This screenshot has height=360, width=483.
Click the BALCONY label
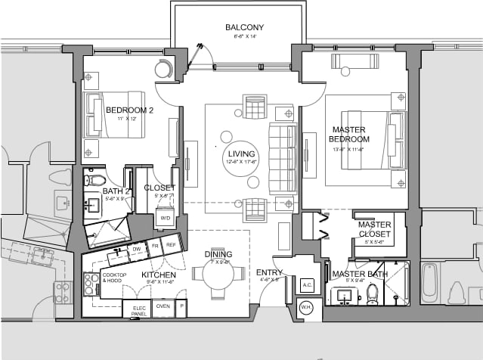[x=244, y=28]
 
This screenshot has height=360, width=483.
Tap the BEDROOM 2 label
[x=129, y=110]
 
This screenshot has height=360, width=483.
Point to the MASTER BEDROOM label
[x=349, y=134]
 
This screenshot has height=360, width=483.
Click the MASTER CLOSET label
[x=374, y=229]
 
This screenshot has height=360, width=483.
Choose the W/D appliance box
[x=165, y=219]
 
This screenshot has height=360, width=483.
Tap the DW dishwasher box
[x=137, y=248]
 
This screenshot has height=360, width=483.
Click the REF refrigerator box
[x=171, y=246]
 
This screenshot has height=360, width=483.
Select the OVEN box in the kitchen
[x=162, y=306]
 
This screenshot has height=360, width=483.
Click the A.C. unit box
[x=307, y=285]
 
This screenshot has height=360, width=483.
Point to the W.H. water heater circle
[x=306, y=307]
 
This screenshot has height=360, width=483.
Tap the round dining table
[x=217, y=275]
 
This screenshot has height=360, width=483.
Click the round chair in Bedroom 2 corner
[x=164, y=69]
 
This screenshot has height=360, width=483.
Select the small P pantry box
[x=181, y=306]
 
